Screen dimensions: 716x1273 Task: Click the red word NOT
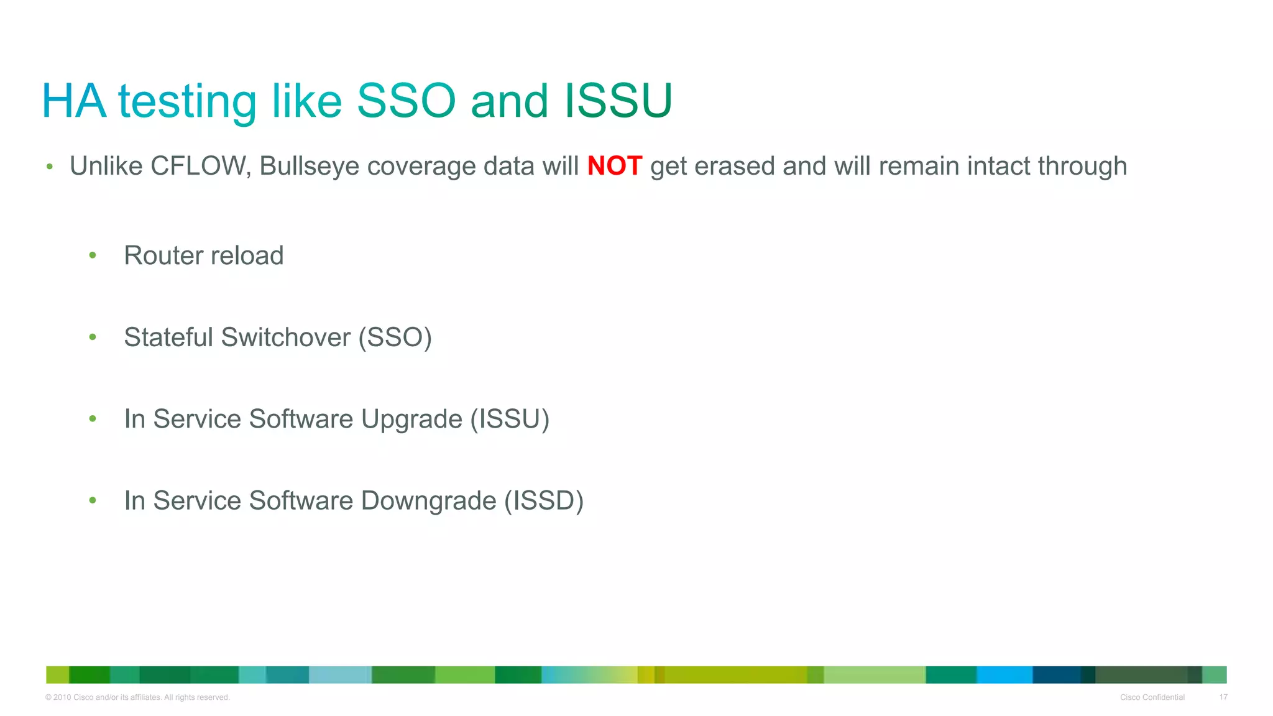(614, 167)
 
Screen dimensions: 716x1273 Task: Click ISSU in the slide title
(618, 101)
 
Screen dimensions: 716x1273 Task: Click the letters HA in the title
(74, 101)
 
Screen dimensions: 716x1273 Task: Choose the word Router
(163, 255)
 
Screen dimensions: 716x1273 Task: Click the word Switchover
(286, 337)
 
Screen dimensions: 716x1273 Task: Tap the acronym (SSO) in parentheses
(395, 337)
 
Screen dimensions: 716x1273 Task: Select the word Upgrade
(411, 419)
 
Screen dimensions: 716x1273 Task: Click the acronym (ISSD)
(544, 501)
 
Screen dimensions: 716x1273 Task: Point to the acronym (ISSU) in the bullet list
(510, 419)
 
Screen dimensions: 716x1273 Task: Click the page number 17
(1223, 697)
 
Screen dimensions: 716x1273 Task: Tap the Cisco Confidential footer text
(1152, 697)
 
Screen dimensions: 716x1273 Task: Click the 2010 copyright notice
(137, 697)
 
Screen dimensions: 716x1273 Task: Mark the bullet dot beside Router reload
(93, 255)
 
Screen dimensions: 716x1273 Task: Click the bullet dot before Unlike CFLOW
(50, 167)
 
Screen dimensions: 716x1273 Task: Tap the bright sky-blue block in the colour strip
(1004, 675)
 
